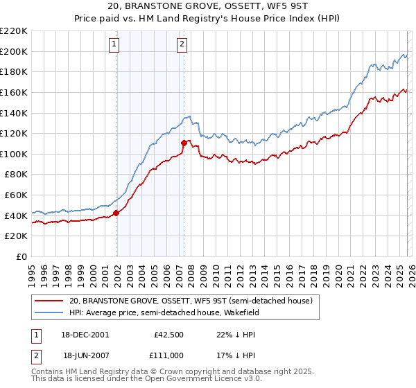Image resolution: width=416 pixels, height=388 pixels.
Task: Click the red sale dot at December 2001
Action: tap(116, 213)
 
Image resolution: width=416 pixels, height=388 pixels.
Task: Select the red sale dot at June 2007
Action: tap(184, 143)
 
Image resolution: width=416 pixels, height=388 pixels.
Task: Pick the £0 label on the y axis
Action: tap(21, 257)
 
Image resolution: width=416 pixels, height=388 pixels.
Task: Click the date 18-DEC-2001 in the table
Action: tap(86, 334)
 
